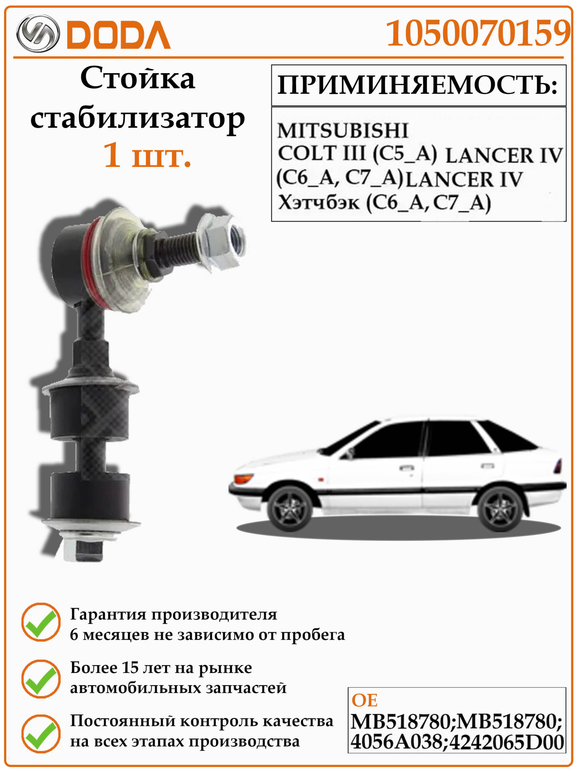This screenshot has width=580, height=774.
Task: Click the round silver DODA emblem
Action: [38, 34]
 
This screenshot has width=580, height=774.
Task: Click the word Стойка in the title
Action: [138, 78]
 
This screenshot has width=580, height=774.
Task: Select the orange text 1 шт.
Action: [147, 155]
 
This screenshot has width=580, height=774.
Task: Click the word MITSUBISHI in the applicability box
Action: [343, 131]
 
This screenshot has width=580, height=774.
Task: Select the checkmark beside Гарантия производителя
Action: [41, 623]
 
